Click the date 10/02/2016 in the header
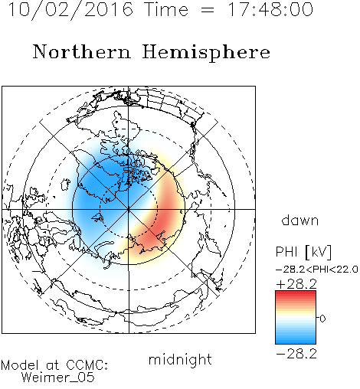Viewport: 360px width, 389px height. click(70, 9)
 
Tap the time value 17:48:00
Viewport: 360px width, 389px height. click(270, 9)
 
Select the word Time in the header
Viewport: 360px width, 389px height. click(166, 9)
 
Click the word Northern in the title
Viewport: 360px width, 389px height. click(82, 51)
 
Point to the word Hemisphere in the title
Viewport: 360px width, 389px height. click(206, 53)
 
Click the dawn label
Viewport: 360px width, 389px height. click(300, 220)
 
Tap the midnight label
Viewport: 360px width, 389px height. click(180, 359)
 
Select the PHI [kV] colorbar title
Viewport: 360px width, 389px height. click(303, 252)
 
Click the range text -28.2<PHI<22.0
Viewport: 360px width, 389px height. click(317, 270)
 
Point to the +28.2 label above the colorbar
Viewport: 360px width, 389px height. click(296, 284)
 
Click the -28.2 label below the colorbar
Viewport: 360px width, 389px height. click(296, 354)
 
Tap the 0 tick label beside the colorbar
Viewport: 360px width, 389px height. click(322, 319)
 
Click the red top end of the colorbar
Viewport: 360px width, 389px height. click(296, 293)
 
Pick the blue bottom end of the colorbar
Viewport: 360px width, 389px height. click(296, 342)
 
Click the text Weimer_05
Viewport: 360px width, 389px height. click(58, 378)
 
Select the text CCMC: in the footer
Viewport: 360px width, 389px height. click(87, 365)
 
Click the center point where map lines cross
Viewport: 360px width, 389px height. click(129, 210)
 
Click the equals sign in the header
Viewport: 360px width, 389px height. click(208, 10)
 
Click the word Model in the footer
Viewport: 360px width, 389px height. click(20, 365)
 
